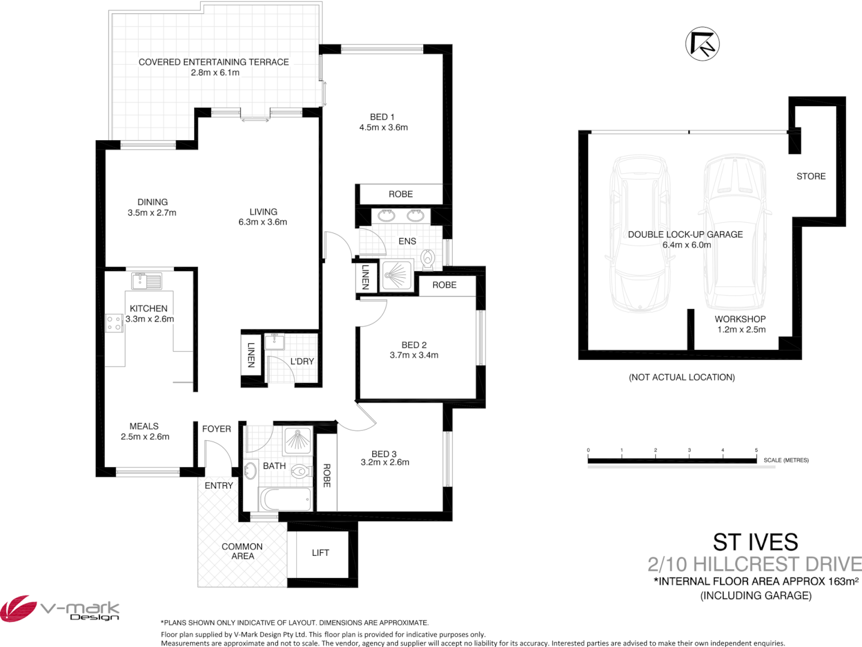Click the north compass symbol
click(702, 44)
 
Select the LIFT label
click(320, 553)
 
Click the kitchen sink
click(146, 280)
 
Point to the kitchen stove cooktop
click(114, 323)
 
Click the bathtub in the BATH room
click(285, 498)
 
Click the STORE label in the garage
click(810, 176)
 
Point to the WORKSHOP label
click(740, 319)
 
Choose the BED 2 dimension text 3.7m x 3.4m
click(414, 355)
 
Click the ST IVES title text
click(755, 542)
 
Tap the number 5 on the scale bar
click(756, 450)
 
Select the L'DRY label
click(302, 361)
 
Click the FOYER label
click(216, 429)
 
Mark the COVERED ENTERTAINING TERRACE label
click(213, 62)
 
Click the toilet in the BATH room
click(301, 471)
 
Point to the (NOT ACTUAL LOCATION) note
click(682, 377)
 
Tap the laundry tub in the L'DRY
click(275, 342)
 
